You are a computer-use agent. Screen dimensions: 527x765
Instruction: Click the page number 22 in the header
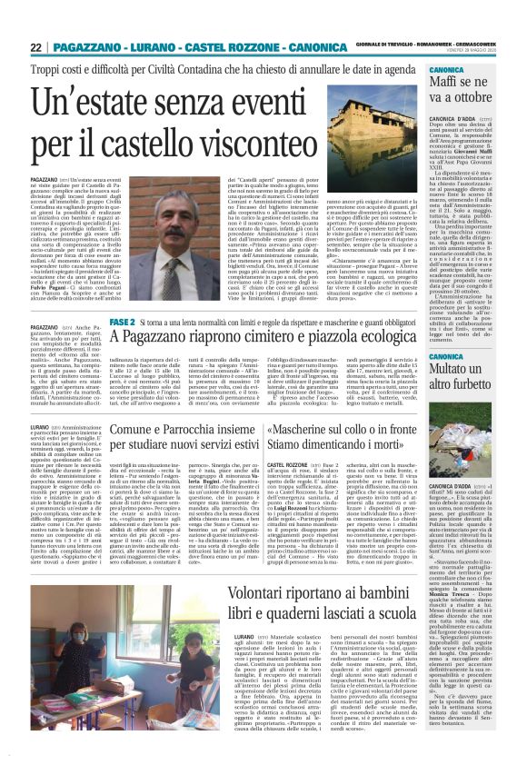click(36, 47)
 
